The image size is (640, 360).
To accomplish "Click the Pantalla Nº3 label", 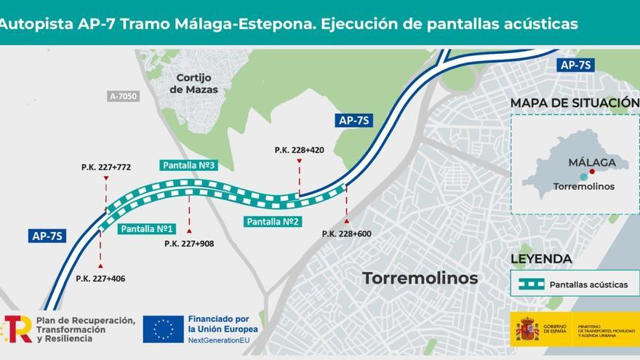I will point(189,165).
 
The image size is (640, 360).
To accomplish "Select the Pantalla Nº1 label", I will point(147,228).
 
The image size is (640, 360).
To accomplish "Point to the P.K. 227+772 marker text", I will point(106,167).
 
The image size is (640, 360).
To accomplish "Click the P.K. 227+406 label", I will point(100,279).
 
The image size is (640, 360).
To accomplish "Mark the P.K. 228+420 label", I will point(299,150).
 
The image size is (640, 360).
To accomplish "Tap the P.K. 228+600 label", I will point(347,233).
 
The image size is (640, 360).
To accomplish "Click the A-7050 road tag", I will point(122,95).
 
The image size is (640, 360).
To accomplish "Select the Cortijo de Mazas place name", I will point(193,84).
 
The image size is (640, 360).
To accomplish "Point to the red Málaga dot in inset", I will point(592,172).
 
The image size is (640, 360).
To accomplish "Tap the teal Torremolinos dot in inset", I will point(583,177).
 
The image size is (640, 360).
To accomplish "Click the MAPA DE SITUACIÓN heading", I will point(574,103).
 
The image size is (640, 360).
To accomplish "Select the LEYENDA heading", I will point(541,258).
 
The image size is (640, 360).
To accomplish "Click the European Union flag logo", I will point(163,329).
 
